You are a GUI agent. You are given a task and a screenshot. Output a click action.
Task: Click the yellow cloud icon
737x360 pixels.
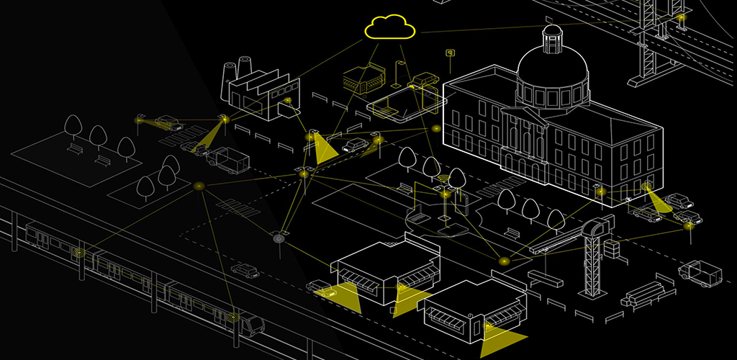pyautogui.click(x=390, y=27)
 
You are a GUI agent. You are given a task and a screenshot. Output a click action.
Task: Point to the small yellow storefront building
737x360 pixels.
pyautogui.click(x=364, y=78)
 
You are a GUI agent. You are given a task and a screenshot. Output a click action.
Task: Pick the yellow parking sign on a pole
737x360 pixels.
pyautogui.click(x=451, y=53)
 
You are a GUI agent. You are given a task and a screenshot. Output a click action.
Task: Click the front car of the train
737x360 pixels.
pyautogui.click(x=248, y=323)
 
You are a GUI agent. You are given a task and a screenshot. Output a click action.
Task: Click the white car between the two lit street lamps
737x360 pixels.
pyautogui.click(x=355, y=145)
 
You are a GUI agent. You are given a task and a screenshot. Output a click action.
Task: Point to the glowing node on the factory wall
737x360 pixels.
pyautogui.click(x=287, y=101)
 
